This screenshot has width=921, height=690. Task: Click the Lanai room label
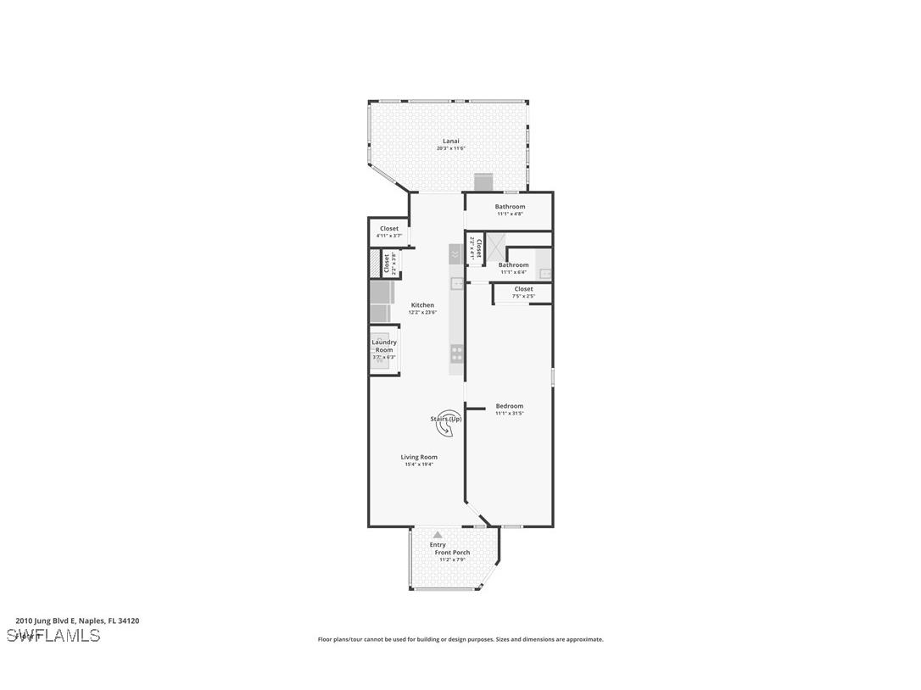(x=450, y=141)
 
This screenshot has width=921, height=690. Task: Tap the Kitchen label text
(x=422, y=305)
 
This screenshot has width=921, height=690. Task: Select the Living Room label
(x=419, y=457)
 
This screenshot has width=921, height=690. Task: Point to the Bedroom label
(x=510, y=406)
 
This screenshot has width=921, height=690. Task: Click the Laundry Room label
(x=384, y=346)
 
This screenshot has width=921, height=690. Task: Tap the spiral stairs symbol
(x=448, y=422)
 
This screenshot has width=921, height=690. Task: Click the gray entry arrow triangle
(x=438, y=535)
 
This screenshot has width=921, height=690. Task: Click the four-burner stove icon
(x=456, y=353)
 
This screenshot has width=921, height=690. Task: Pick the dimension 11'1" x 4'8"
(x=510, y=214)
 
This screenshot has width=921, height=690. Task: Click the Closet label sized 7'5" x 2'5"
(x=523, y=289)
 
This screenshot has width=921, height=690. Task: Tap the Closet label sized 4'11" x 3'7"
(x=389, y=229)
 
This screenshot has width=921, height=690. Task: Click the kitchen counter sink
(x=456, y=283)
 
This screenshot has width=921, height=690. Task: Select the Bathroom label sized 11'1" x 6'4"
(x=513, y=265)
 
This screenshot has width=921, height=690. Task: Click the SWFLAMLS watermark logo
(x=53, y=635)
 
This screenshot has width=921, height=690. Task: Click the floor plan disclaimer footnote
(x=460, y=640)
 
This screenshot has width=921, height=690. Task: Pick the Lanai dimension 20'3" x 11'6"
(x=450, y=148)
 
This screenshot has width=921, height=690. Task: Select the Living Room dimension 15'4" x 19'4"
(x=419, y=465)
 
